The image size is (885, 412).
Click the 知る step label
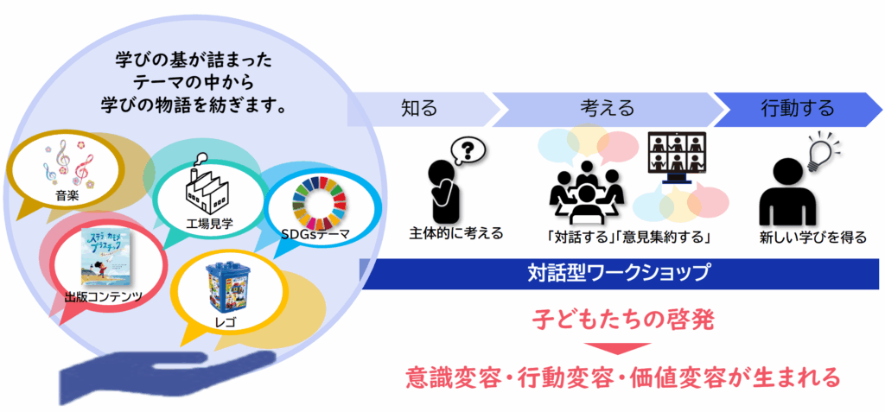click(419, 109)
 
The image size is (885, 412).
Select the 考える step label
click(607, 109)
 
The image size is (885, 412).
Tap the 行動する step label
click(797, 109)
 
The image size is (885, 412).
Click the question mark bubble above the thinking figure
click(468, 149)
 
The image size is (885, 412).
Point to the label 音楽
click(67, 196)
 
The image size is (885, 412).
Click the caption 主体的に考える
click(456, 233)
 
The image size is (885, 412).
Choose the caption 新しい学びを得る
click(812, 236)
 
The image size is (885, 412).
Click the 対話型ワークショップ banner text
click(619, 274)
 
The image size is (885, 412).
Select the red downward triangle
click(618, 349)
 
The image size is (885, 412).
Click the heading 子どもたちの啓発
click(618, 321)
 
